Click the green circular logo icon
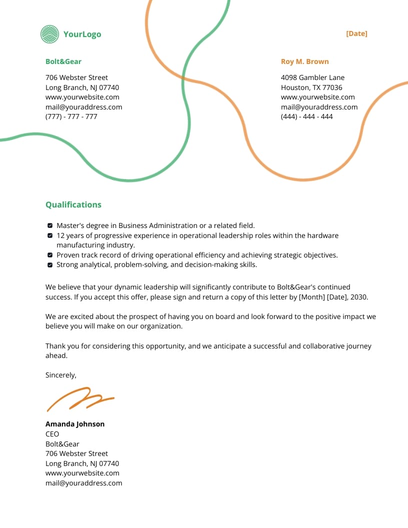coord(49,34)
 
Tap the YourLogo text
coord(82,34)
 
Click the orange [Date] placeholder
coord(356,33)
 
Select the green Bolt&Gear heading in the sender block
coord(63,61)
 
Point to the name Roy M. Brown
coord(304,61)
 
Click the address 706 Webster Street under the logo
coord(76,77)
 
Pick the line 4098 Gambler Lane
coord(312,77)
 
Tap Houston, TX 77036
coord(311,87)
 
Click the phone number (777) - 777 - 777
coord(71,116)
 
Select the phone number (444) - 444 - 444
coord(306,116)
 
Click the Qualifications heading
coord(73,204)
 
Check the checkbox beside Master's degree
coord(50,226)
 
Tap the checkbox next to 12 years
coord(50,235)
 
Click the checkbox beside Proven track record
coord(50,255)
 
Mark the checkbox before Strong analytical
coord(50,265)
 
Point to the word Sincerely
coord(61,375)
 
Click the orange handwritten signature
coord(80,398)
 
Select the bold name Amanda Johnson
coord(75,424)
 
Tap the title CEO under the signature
coord(52,434)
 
